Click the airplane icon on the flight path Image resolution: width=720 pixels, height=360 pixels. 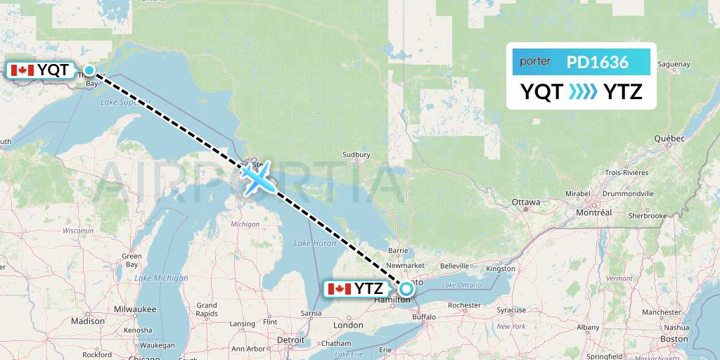[x=258, y=177]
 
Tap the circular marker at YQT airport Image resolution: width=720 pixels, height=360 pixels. [x=89, y=70]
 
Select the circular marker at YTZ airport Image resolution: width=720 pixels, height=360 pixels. [x=406, y=288]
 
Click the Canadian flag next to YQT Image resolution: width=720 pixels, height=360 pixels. [x=22, y=70]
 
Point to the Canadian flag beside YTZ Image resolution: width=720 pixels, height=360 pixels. [x=340, y=288]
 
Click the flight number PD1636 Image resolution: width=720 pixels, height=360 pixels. [x=597, y=62]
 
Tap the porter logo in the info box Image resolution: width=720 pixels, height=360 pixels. [x=535, y=62]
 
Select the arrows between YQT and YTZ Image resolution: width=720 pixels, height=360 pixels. [x=583, y=91]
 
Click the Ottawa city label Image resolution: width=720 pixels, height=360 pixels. [x=526, y=202]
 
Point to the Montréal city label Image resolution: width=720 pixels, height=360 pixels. [x=593, y=212]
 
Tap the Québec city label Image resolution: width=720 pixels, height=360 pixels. [x=669, y=139]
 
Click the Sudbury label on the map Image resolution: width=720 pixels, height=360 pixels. [x=356, y=155]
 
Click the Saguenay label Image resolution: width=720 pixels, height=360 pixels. [x=675, y=65]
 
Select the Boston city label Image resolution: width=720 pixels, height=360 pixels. [x=674, y=339]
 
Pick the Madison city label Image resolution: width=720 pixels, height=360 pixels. [x=87, y=321]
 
